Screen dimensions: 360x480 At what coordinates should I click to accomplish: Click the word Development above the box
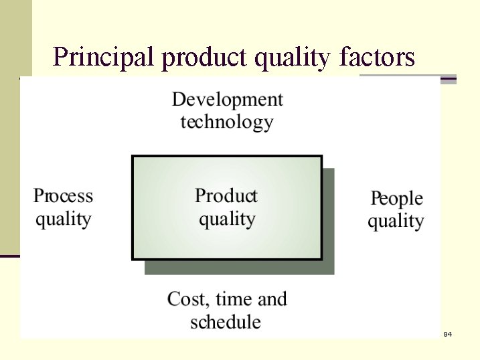tap(227, 100)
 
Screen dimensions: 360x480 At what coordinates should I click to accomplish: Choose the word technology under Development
tap(227, 122)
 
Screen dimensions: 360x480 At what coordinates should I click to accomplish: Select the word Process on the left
tap(63, 196)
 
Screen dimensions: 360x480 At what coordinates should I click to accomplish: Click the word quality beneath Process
tap(63, 219)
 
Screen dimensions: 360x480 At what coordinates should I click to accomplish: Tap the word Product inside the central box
tap(226, 196)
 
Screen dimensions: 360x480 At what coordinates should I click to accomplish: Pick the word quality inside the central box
tap(227, 219)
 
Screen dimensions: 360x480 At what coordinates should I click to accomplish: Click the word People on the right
tap(396, 199)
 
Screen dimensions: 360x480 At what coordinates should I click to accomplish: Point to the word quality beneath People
tap(396, 221)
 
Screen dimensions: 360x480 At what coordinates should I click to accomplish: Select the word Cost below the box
tap(187, 298)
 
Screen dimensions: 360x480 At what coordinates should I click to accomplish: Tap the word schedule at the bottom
tap(226, 322)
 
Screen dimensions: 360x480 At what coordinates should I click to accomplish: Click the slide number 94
tap(448, 333)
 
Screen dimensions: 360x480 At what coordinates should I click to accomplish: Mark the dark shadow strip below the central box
tap(239, 267)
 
